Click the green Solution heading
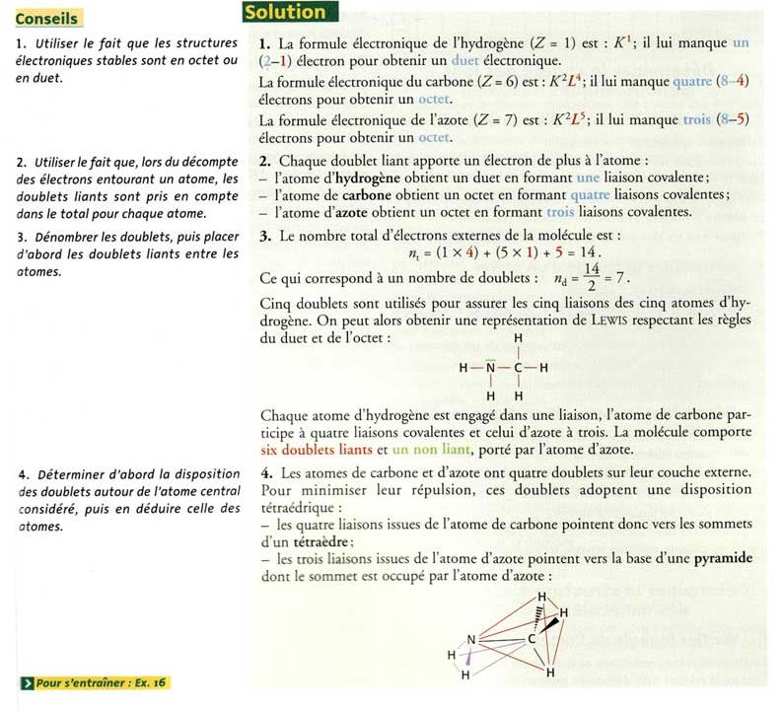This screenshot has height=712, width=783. (x=286, y=13)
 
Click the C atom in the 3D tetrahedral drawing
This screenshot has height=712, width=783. (x=533, y=637)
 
